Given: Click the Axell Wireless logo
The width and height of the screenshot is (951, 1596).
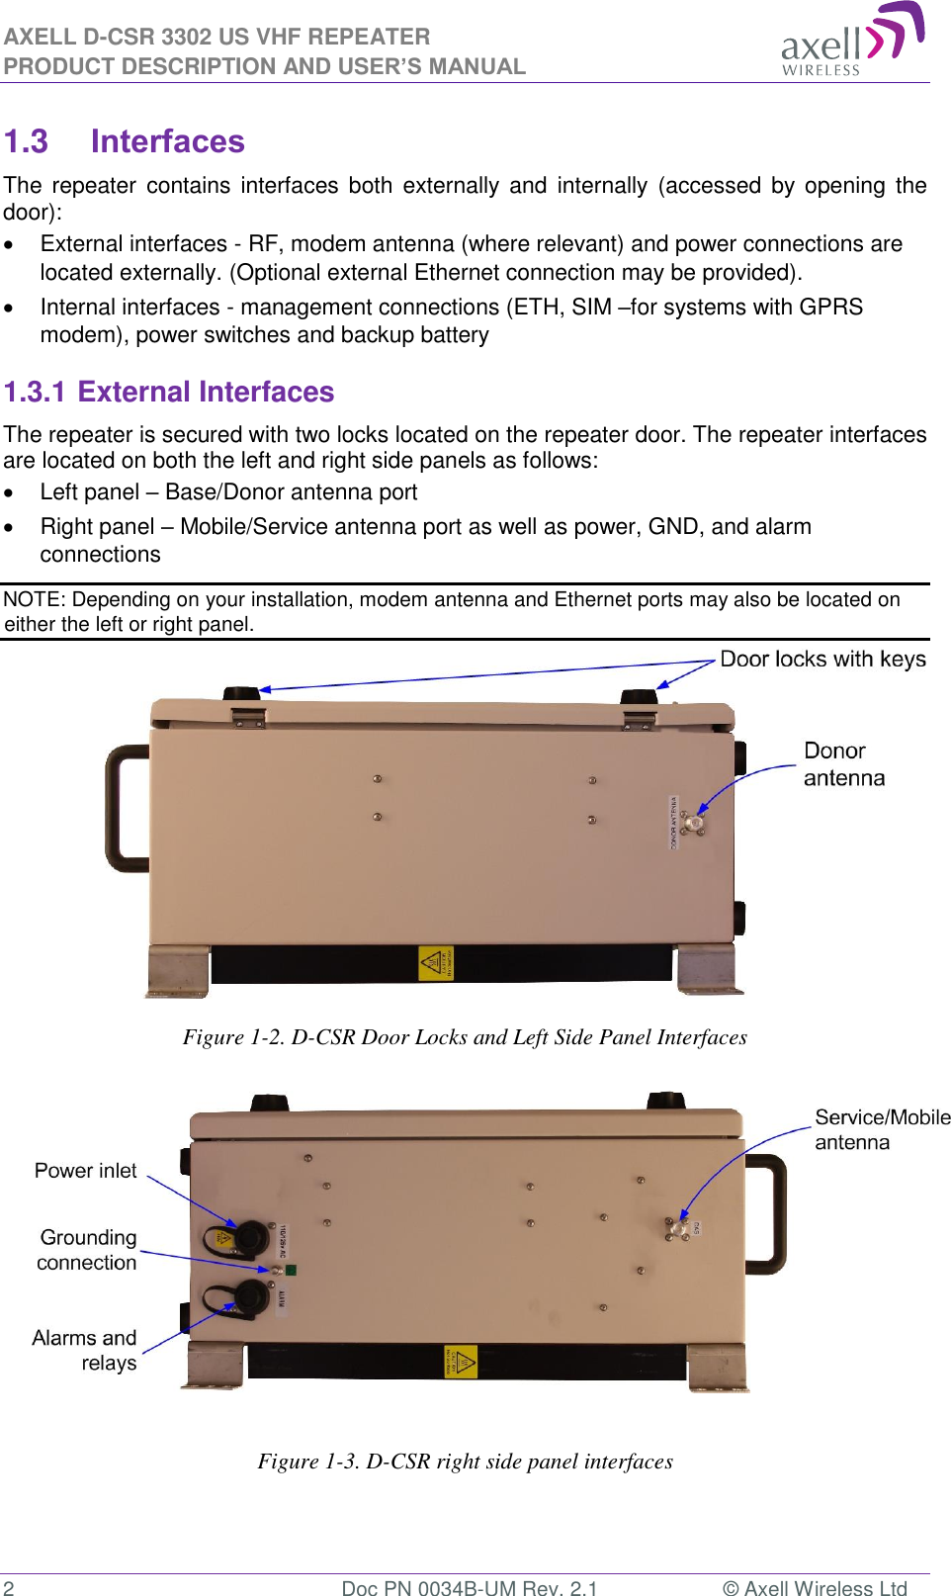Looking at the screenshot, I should (x=852, y=40).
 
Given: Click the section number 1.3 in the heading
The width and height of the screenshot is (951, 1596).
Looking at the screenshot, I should (x=27, y=141).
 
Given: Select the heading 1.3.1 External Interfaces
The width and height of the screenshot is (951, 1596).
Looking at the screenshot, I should (x=169, y=392).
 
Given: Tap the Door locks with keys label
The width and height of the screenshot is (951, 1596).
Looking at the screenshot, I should (x=822, y=660).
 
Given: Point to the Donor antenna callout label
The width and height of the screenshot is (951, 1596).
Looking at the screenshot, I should (x=843, y=764).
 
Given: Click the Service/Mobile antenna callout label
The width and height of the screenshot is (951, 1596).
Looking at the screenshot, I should (x=881, y=1129).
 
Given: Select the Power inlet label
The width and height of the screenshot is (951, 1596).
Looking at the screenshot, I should (x=86, y=1171).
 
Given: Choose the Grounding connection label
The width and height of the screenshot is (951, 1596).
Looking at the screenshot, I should (x=88, y=1250).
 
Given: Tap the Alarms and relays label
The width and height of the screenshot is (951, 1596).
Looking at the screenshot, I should (x=85, y=1350).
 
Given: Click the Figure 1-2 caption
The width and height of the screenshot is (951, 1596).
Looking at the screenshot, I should (x=465, y=1036).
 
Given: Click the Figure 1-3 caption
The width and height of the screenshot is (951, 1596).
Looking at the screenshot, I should (x=465, y=1461).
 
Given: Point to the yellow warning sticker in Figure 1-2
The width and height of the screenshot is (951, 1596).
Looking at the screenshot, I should (x=435, y=962).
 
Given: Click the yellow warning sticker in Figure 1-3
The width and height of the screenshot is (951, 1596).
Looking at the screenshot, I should (x=461, y=1362).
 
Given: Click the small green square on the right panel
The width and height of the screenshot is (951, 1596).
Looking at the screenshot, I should (x=291, y=1270).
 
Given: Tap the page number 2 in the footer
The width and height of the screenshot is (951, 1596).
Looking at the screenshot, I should (x=9, y=1587).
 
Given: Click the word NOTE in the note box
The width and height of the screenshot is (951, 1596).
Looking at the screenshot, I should (x=34, y=599).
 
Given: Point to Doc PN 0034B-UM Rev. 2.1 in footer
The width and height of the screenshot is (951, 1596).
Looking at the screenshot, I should (x=469, y=1587).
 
